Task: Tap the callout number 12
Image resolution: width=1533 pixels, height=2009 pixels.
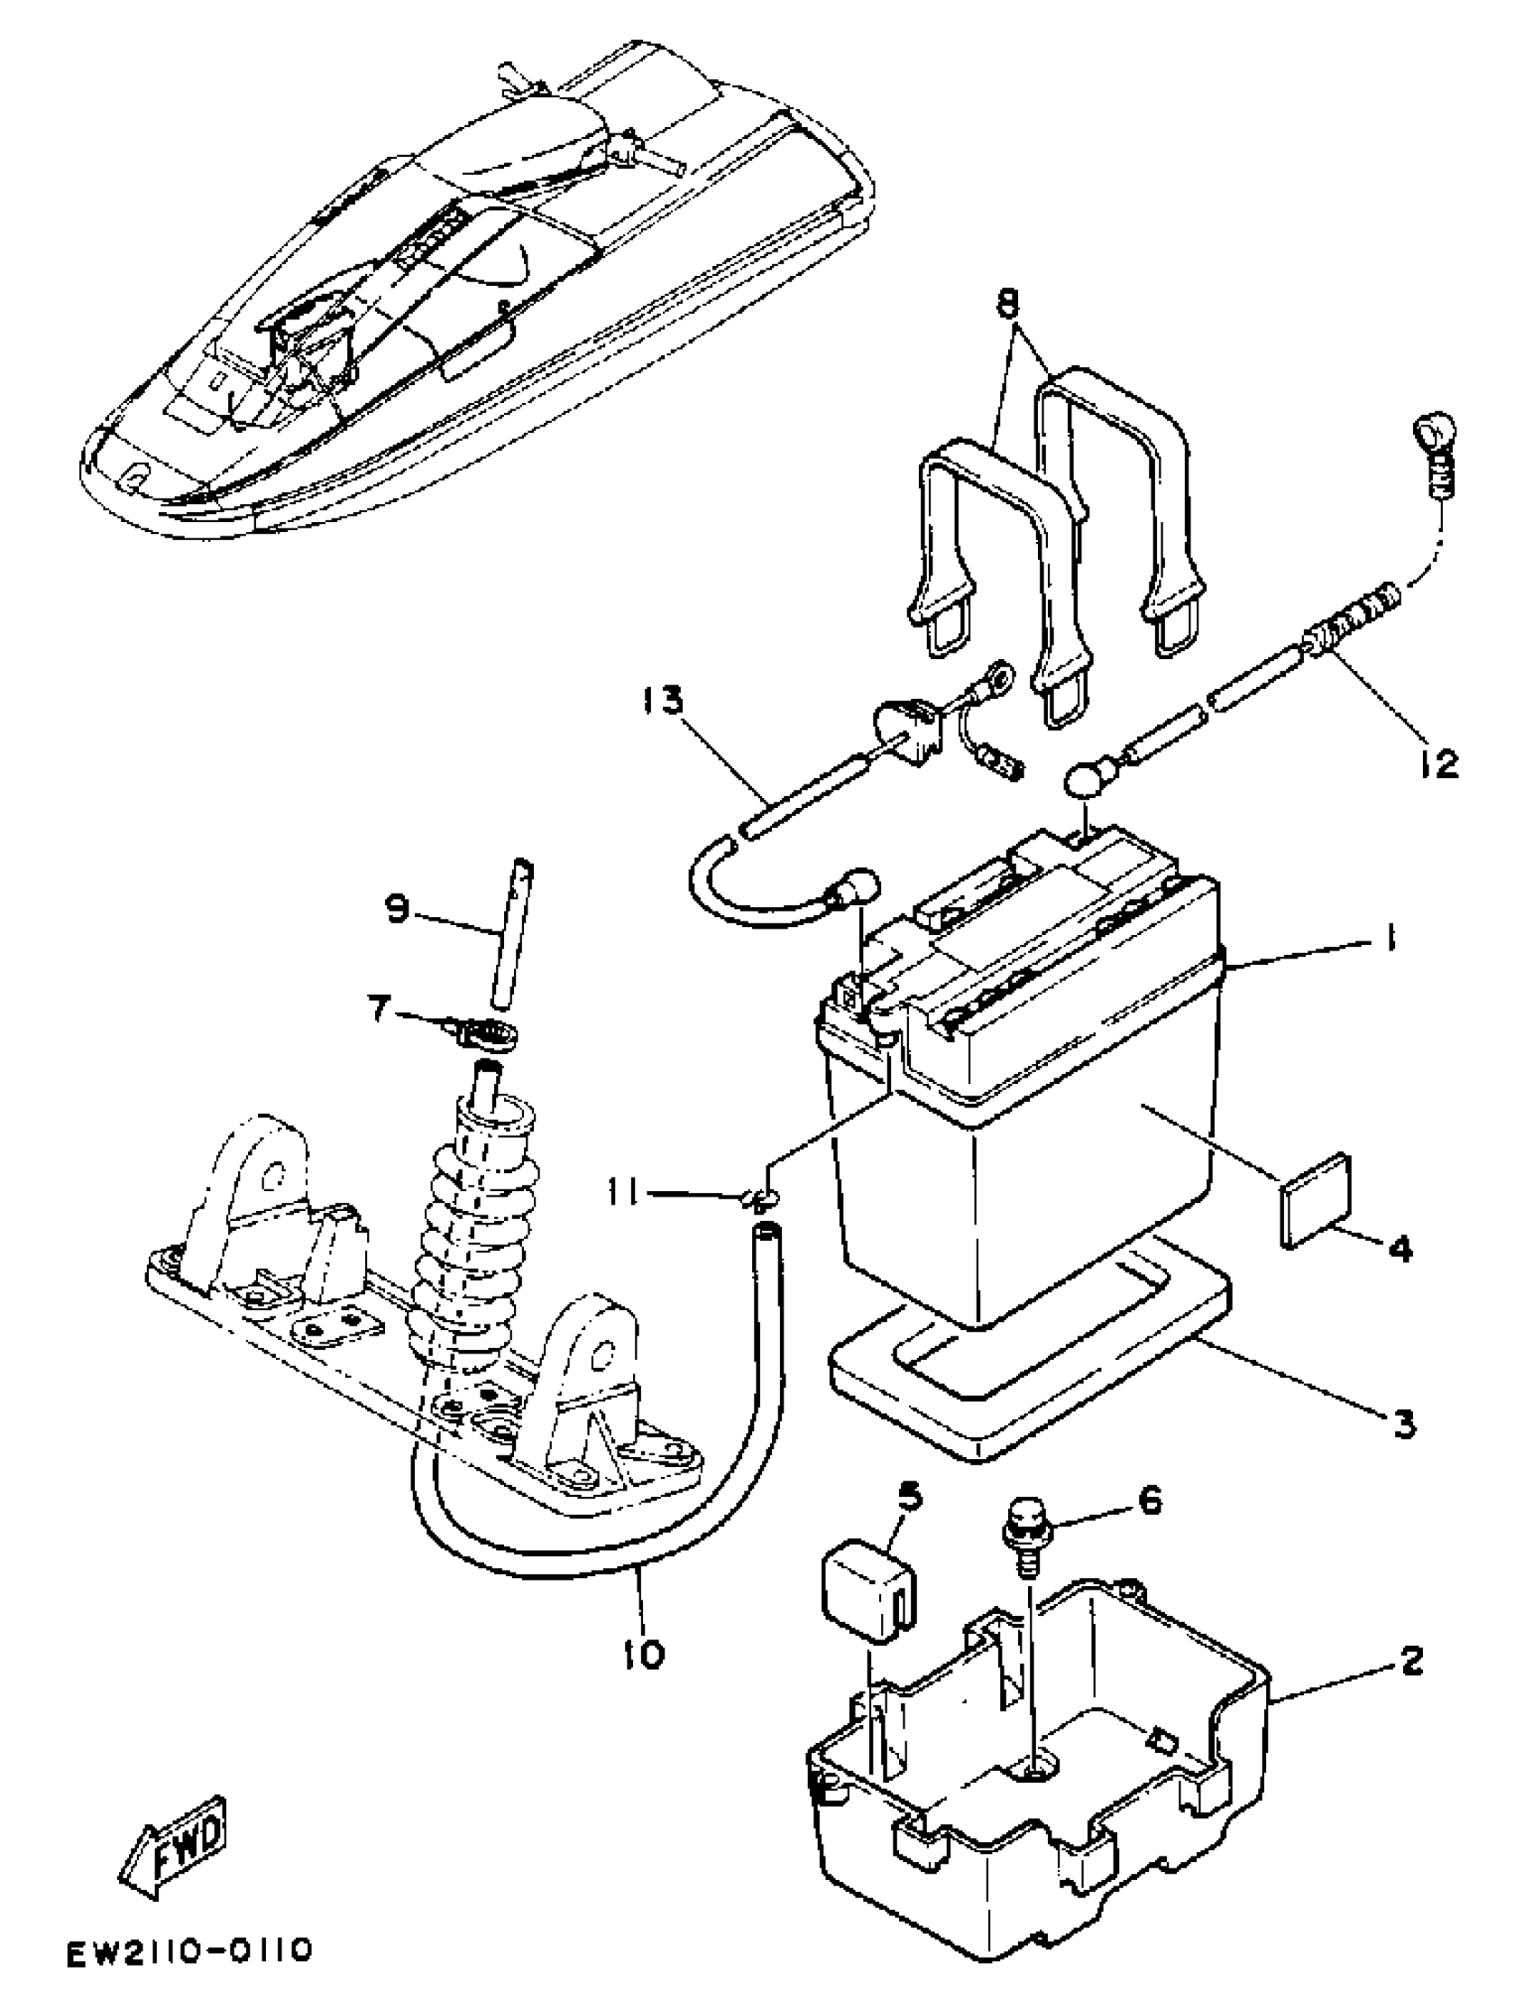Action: (x=1439, y=763)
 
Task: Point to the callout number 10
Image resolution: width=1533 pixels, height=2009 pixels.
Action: (x=644, y=1653)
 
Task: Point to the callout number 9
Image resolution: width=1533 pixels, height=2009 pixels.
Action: (x=398, y=909)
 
